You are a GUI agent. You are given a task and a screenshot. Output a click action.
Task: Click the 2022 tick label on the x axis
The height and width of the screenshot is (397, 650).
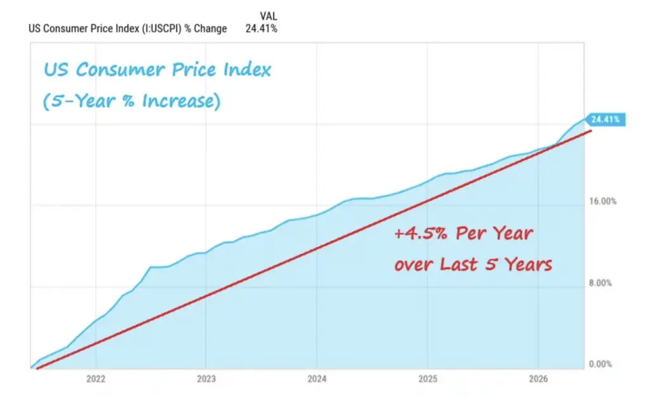point(96,379)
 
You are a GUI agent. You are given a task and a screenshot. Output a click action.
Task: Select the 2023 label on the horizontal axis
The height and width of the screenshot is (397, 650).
point(206,379)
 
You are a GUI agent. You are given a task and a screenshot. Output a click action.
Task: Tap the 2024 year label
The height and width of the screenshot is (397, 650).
point(317,379)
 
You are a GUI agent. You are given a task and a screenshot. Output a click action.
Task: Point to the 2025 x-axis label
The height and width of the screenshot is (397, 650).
point(427,379)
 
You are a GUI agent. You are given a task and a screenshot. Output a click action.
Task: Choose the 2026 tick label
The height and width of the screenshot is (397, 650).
point(538,379)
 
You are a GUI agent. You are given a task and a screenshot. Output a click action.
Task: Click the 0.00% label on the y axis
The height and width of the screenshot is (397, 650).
point(600,364)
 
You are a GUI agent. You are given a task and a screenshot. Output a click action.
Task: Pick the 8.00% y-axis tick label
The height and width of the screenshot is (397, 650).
point(600,283)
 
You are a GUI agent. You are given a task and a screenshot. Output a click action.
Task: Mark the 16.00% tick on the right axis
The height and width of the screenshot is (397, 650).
point(603,201)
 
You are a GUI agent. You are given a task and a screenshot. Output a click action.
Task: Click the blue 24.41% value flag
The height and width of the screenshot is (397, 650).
point(605,120)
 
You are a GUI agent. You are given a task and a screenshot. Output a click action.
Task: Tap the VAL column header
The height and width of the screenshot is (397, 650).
point(269,16)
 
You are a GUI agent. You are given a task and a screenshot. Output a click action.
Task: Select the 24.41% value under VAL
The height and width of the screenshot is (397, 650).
point(261,29)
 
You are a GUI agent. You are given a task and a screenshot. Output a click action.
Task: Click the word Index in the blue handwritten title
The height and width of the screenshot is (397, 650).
point(247,69)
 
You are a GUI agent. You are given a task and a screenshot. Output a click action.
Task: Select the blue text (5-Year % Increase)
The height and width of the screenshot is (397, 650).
point(132,101)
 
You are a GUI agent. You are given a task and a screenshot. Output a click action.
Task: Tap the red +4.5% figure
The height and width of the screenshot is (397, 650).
point(421,234)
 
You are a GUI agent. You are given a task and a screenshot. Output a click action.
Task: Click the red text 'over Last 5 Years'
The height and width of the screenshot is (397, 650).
point(473,264)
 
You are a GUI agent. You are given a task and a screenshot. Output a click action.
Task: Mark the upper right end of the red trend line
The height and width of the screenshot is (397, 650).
point(591,131)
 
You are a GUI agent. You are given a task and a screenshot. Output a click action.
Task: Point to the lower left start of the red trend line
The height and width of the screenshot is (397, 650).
point(37,368)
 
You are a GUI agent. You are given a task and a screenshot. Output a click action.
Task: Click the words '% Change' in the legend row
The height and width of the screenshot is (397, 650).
point(206,29)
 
